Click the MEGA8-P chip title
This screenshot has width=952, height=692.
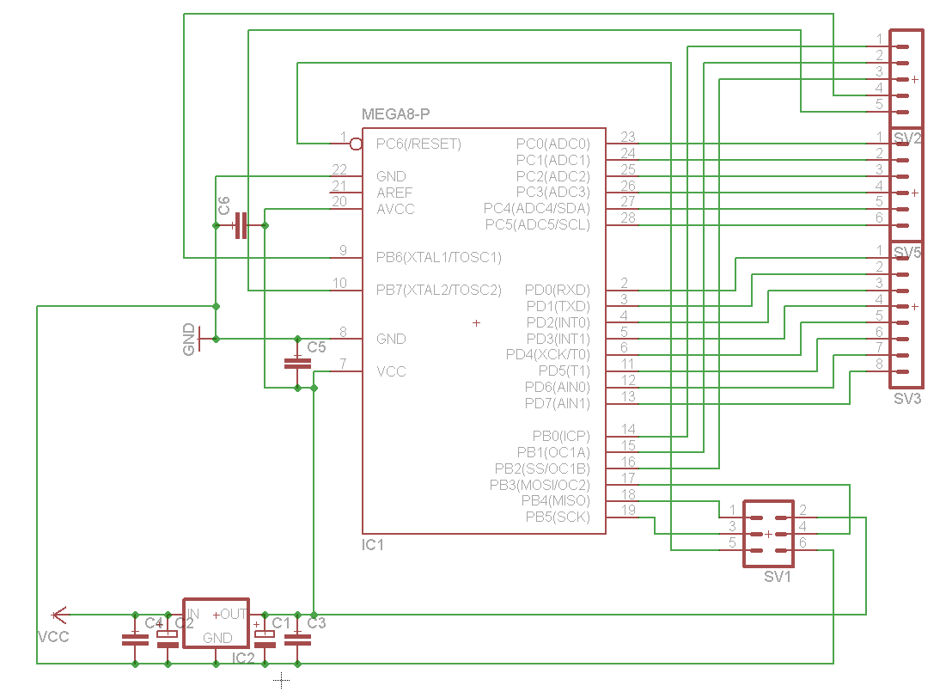click(x=395, y=114)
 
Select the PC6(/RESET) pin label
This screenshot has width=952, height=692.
click(x=418, y=144)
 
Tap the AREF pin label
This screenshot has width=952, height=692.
click(x=394, y=193)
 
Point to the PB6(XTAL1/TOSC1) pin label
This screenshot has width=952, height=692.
click(x=438, y=258)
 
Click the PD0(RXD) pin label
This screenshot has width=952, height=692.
click(x=558, y=290)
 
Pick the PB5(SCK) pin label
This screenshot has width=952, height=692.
click(x=558, y=517)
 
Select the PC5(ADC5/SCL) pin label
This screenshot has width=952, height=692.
click(x=537, y=225)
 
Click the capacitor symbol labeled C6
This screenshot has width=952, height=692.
click(x=241, y=225)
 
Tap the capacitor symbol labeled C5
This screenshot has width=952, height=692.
click(x=297, y=364)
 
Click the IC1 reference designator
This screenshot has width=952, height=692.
click(x=373, y=545)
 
